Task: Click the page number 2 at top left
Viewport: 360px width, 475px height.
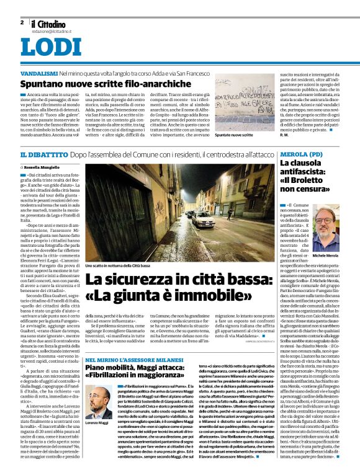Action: pyautogui.click(x=22, y=22)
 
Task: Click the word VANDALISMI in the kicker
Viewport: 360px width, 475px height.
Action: pyautogui.click(x=38, y=73)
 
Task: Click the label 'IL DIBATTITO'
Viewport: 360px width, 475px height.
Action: pyautogui.click(x=43, y=153)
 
